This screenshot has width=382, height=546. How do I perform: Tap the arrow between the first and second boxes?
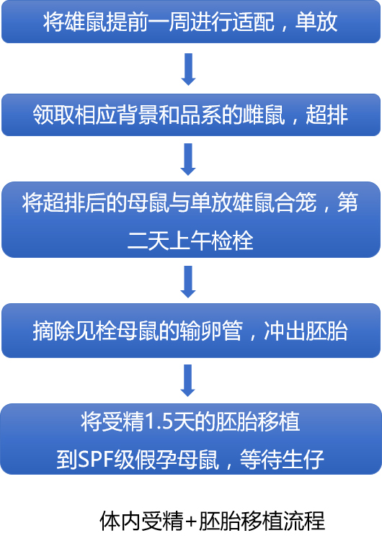point(188,69)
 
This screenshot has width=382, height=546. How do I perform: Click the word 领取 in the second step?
point(53,115)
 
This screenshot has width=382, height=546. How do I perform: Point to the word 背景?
point(138,115)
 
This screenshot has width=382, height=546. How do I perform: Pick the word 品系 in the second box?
point(200,115)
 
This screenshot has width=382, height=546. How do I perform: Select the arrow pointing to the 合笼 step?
point(188,159)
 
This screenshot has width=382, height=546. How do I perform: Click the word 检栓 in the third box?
point(232,241)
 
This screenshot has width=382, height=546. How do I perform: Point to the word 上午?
point(190,241)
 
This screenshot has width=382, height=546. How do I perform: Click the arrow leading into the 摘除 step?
point(188,282)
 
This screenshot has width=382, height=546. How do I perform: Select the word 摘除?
point(53,331)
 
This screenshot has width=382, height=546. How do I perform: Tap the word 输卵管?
point(211,331)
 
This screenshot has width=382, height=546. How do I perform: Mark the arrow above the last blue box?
point(188,380)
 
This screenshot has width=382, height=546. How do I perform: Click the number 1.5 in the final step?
point(159,421)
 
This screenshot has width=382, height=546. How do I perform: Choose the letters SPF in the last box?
point(95,460)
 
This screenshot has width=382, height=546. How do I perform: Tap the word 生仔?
point(303,460)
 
